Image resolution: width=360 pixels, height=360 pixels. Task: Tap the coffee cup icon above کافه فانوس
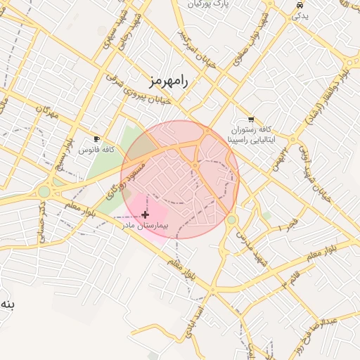[x=97, y=139]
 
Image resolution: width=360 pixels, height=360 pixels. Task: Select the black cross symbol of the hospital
[x=146, y=214]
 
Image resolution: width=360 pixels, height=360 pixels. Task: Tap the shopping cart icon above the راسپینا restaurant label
[x=251, y=120]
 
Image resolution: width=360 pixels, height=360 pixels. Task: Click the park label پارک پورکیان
[x=209, y=5]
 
